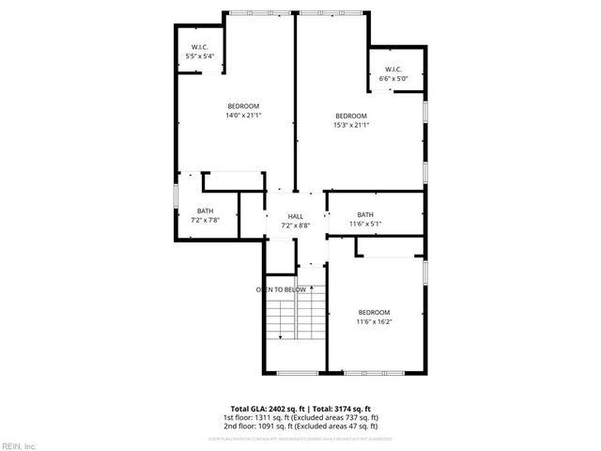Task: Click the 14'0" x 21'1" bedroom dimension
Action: (243, 116)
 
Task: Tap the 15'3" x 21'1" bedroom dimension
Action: (351, 125)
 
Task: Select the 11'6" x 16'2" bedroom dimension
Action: (374, 321)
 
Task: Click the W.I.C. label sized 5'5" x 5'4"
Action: (200, 47)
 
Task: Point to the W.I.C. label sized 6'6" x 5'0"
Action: (393, 69)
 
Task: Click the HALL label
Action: (295, 216)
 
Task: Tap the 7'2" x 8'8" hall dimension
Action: (295, 225)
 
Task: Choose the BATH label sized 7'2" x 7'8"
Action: (205, 210)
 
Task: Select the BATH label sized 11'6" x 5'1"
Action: (365, 214)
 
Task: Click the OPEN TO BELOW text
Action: (282, 289)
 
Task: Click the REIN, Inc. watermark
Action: (18, 444)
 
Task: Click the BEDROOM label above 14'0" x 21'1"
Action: (243, 106)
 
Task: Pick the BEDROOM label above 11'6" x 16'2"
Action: (374, 312)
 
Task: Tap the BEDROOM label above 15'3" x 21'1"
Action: (351, 116)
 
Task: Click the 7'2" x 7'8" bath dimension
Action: (205, 220)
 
